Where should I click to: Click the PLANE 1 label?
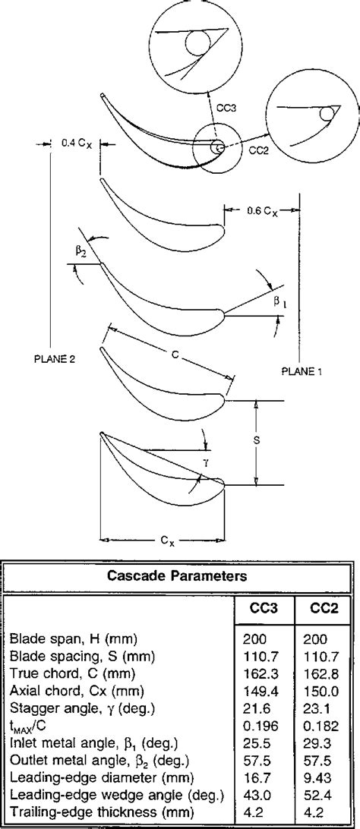coord(302,371)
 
